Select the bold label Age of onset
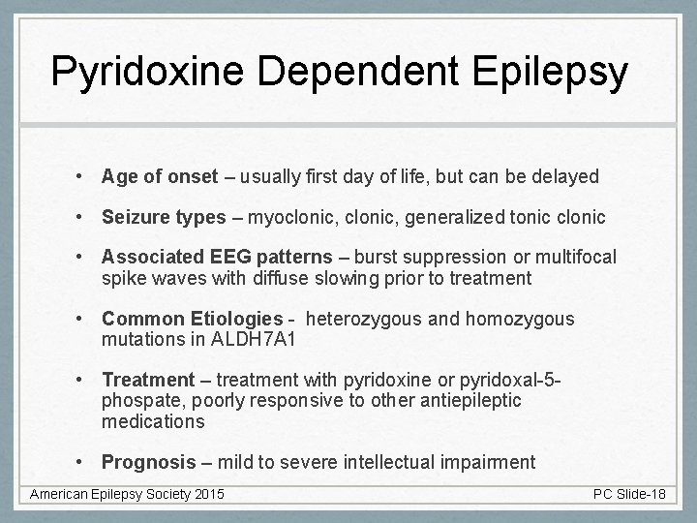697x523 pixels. coord(160,176)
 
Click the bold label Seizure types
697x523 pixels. coord(164,217)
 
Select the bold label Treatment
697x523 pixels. coord(148,381)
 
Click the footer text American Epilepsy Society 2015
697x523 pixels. coord(127,495)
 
